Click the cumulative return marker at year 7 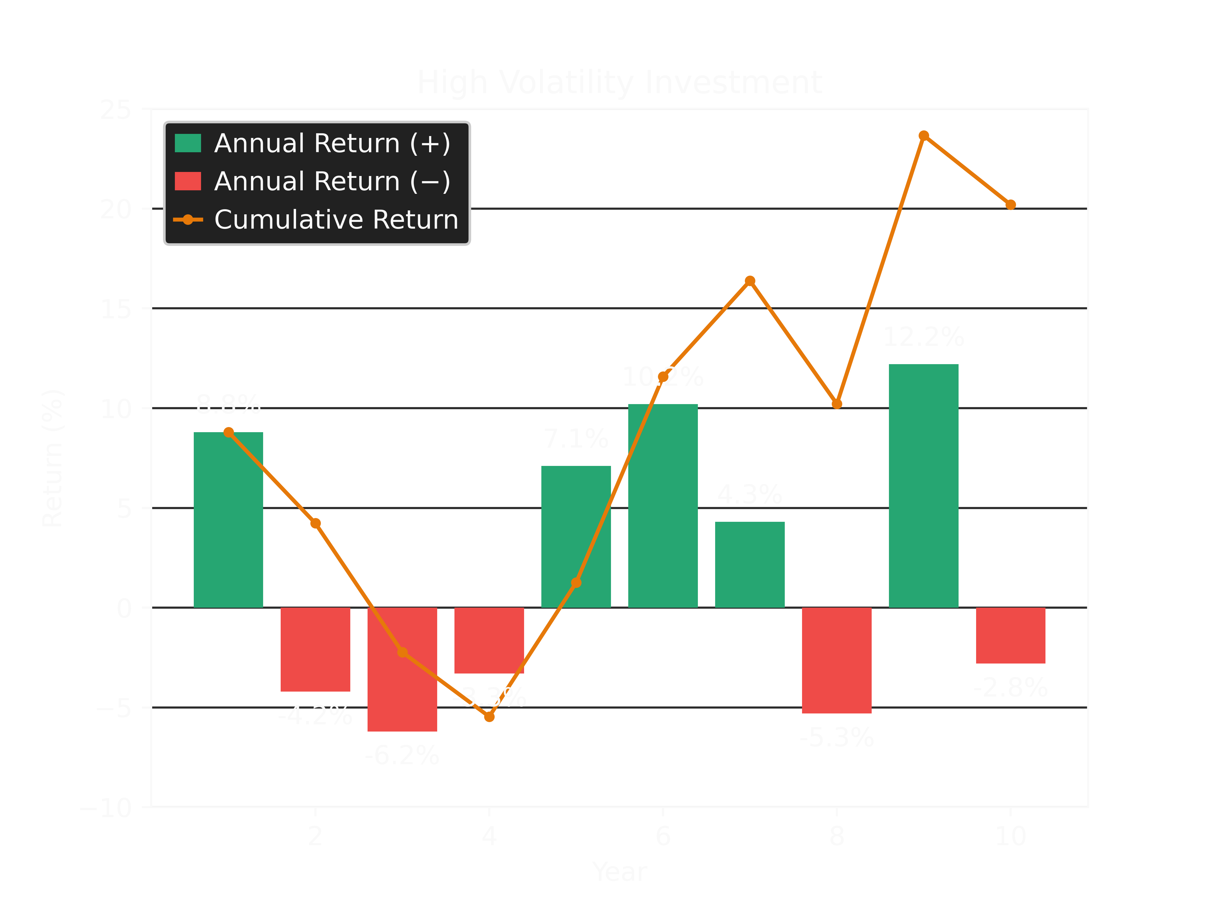pos(750,281)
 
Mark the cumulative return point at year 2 pos(315,523)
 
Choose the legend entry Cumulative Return pos(336,220)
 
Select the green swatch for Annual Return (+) pos(188,143)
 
